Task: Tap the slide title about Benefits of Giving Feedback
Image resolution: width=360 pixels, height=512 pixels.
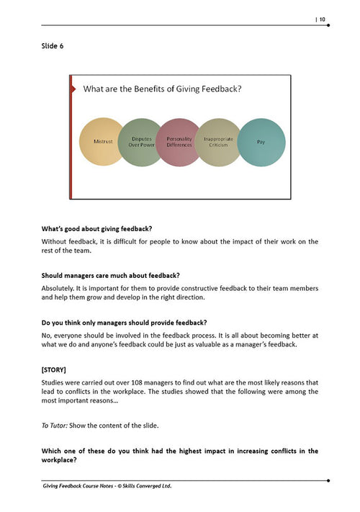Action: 162,89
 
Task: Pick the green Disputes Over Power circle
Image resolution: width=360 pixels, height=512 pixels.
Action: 141,142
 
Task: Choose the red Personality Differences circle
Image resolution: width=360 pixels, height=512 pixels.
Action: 179,142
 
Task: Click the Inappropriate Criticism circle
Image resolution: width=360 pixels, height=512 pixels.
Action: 219,142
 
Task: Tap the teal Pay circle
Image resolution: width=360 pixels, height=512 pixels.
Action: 261,142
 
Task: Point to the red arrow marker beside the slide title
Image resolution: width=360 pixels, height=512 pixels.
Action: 73,89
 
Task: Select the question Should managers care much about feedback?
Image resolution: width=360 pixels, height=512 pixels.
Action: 111,275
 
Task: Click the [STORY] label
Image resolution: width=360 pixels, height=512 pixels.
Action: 55,369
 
